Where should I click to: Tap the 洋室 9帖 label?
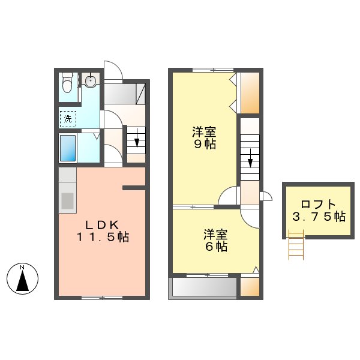tap(204, 138)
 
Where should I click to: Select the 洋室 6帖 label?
tap(214, 240)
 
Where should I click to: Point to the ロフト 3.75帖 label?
tap(319, 210)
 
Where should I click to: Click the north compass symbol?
tap(22, 278)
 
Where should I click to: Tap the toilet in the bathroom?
tap(67, 83)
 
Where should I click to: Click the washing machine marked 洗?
tap(68, 119)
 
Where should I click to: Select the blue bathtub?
tap(67, 147)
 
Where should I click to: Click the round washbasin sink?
tap(91, 81)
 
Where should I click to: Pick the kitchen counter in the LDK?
tap(67, 191)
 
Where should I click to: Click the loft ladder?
tap(296, 247)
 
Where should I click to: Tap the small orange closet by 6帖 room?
tap(250, 286)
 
